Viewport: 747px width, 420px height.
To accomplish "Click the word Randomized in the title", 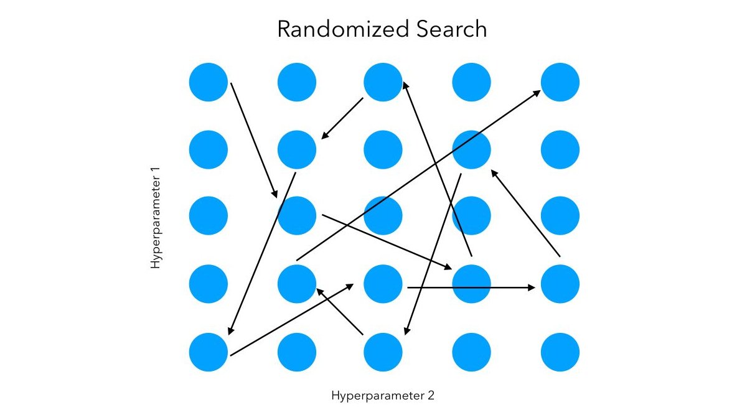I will (x=337, y=30).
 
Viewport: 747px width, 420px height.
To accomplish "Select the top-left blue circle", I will (x=209, y=82).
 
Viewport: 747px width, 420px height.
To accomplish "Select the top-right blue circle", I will (x=560, y=82).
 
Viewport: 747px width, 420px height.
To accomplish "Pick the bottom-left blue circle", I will (x=209, y=352).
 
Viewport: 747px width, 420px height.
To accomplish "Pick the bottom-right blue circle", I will (x=560, y=352).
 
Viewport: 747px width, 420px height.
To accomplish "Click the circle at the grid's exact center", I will (x=383, y=216).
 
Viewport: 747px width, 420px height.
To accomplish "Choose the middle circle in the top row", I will (x=383, y=82).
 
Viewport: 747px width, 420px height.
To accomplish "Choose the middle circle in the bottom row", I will (x=383, y=352).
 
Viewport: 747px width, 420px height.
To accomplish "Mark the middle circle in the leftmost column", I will (x=209, y=216).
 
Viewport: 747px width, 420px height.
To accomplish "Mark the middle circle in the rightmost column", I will (x=560, y=216).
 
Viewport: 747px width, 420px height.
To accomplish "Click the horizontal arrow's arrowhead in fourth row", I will (x=532, y=287).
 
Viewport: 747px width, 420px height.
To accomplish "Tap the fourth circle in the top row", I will (x=471, y=82).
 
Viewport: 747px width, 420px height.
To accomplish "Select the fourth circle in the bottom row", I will (x=471, y=352).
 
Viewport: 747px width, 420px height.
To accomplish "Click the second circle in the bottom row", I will (x=297, y=352).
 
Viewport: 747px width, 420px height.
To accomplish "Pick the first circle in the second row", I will (x=209, y=149).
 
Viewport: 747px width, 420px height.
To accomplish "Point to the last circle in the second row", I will (x=560, y=149).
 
